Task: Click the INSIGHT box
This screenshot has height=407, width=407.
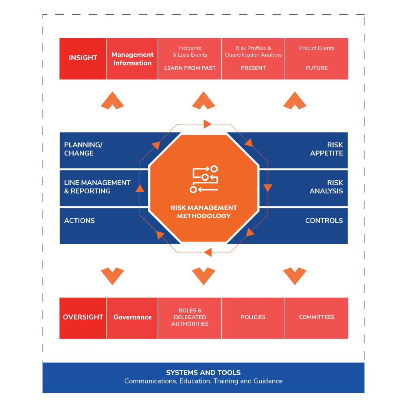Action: [x=83, y=58]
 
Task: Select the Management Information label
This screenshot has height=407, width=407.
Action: [x=132, y=59]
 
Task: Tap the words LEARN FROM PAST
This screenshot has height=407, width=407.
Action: [x=190, y=68]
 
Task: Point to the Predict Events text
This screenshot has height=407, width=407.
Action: [x=317, y=48]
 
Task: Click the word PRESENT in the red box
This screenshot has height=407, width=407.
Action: [x=253, y=68]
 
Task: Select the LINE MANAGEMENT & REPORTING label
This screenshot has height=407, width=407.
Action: [x=97, y=187]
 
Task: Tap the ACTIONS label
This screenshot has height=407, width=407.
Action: [x=79, y=221]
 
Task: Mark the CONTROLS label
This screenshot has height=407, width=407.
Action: [x=324, y=221]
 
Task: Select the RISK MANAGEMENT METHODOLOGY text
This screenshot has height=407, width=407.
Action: [x=203, y=212]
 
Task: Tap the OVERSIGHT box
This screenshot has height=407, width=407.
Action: [x=83, y=317]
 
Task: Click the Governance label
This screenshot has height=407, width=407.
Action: [x=132, y=317]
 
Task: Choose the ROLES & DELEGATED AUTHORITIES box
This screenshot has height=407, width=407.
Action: [x=190, y=317]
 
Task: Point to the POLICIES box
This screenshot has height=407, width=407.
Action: [x=253, y=317]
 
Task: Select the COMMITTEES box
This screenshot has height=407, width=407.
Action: [x=317, y=317]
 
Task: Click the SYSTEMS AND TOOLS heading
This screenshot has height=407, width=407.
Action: [x=203, y=372]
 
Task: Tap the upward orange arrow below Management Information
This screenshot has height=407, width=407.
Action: [x=112, y=101]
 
